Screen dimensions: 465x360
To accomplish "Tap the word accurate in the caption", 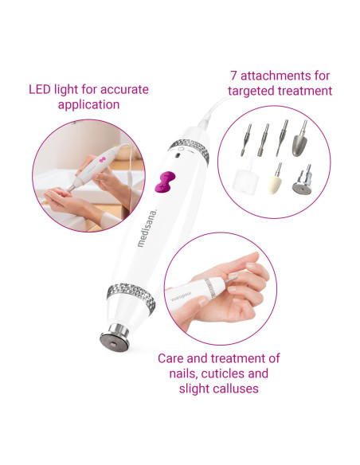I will [115, 88].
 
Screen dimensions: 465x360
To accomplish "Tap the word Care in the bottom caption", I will [170, 358].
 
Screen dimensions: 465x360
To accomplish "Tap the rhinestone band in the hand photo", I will [213, 285].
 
